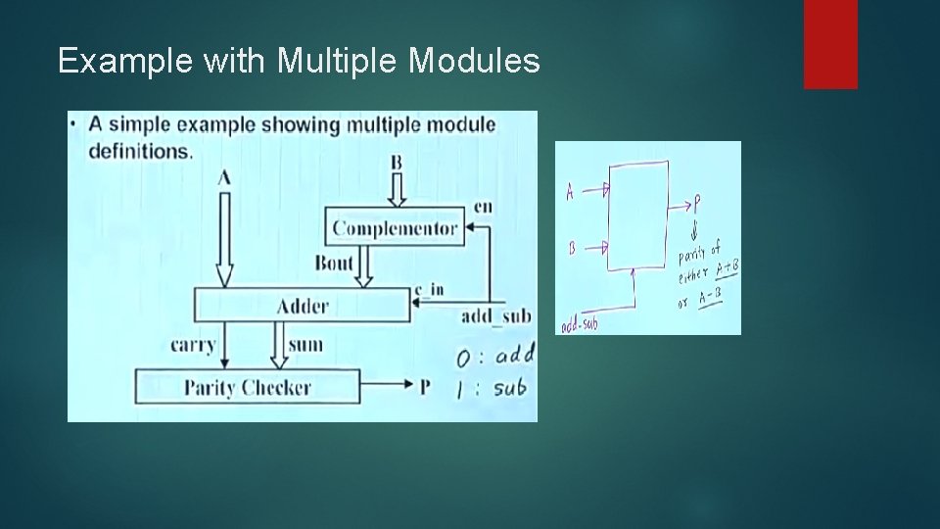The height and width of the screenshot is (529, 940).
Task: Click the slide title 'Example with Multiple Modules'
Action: coord(299,62)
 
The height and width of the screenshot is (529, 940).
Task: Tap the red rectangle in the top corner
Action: coord(830,43)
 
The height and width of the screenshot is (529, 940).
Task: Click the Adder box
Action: coord(303,307)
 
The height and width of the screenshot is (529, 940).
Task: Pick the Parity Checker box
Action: coord(247,387)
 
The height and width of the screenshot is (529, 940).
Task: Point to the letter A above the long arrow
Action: coord(224,177)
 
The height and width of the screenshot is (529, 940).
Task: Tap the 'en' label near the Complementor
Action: coord(483,206)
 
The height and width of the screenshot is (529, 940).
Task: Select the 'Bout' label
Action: coord(334,263)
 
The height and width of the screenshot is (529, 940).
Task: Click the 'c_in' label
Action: coord(429,290)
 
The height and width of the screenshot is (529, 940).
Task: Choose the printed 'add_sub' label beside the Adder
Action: coord(496,315)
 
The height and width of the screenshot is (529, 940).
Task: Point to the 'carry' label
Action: coord(193,345)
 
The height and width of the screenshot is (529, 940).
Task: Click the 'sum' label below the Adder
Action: coord(305,345)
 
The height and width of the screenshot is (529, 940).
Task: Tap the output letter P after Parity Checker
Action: coord(425,387)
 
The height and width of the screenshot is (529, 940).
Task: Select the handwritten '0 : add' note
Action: coord(495,355)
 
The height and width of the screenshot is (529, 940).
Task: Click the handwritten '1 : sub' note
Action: coord(493,388)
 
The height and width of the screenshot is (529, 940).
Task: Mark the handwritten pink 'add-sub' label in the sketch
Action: coord(579,324)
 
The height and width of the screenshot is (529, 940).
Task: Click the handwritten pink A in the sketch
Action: coord(570,192)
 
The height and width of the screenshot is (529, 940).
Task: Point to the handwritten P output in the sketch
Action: coord(697,204)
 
